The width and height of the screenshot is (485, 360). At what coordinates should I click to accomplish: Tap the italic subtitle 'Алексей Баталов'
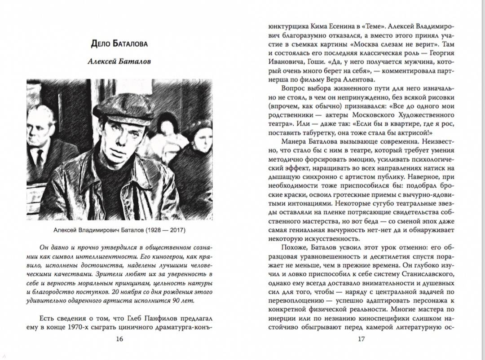coord(119,61)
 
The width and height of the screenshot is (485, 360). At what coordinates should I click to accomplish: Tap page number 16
coord(119,339)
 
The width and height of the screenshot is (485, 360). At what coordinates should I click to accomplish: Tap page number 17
coord(361,339)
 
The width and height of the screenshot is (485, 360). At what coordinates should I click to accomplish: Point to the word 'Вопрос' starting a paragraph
coord(289,88)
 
